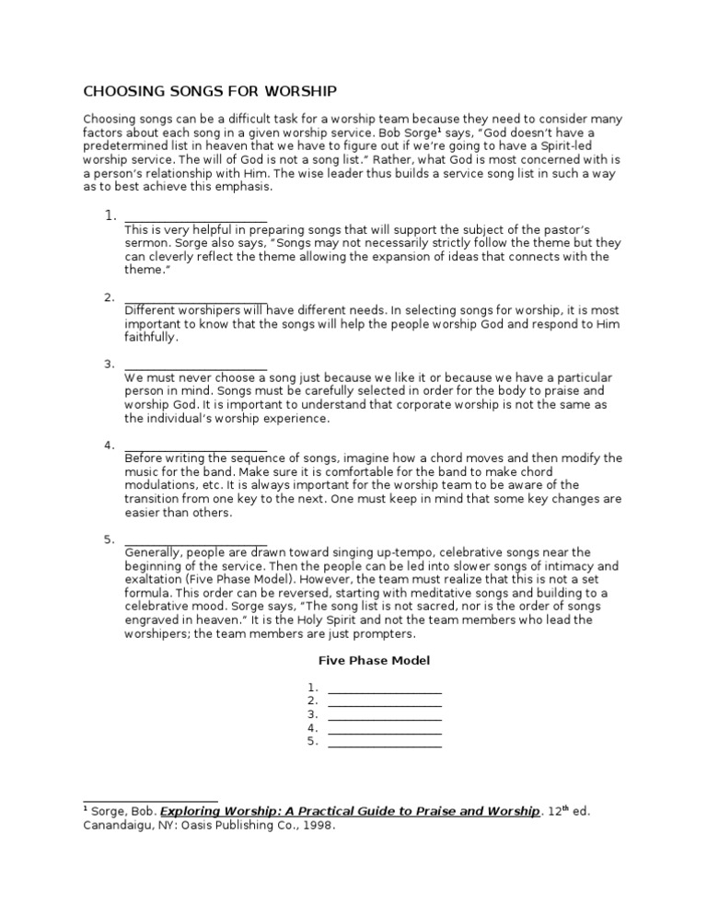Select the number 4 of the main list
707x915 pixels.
coord(109,446)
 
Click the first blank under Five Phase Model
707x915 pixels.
coord(384,689)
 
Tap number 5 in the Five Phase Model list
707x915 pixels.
coord(313,741)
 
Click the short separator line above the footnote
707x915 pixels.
coord(150,801)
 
